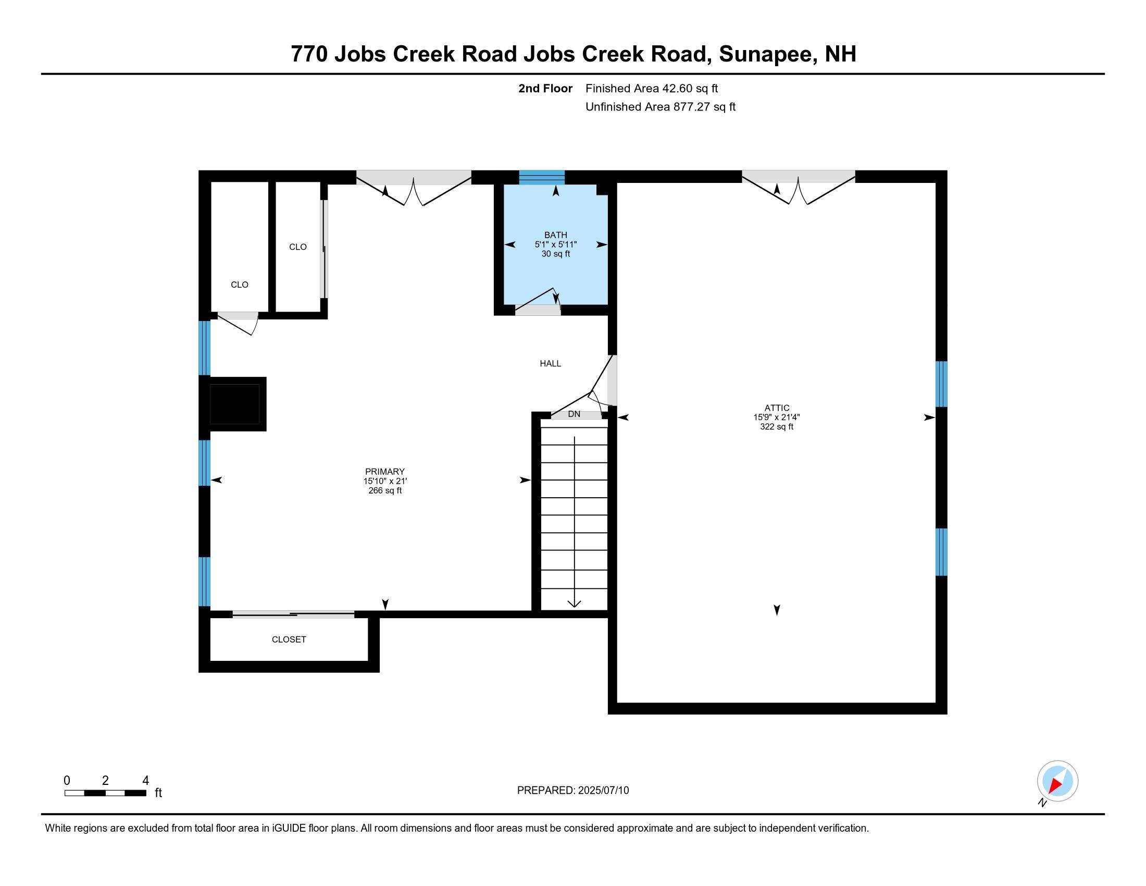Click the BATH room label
(555, 235)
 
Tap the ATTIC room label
(777, 408)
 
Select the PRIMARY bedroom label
(384, 471)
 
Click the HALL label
(551, 363)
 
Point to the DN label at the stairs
(574, 414)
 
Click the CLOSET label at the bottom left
(289, 639)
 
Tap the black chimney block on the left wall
(234, 403)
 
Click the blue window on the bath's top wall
(542, 177)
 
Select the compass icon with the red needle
(1057, 781)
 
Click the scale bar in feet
(105, 793)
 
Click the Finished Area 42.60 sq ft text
(651, 88)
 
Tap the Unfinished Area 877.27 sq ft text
(660, 106)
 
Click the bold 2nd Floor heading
(545, 88)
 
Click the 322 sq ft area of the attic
(777, 427)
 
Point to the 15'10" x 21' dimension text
(384, 481)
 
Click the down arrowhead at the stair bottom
(574, 604)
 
